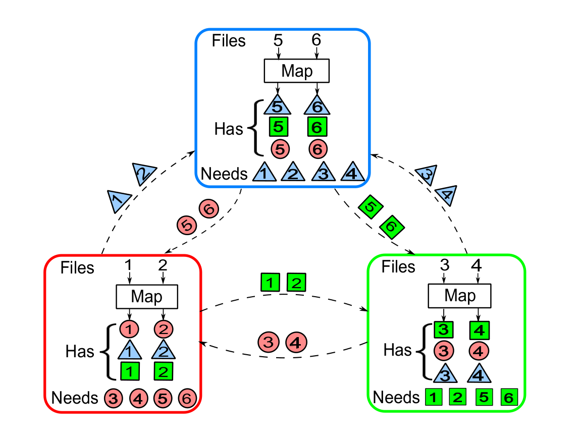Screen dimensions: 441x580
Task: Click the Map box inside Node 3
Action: pyautogui.click(x=297, y=70)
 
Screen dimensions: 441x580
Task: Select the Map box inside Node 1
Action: pyautogui.click(x=147, y=296)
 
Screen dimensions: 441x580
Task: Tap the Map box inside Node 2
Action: pyautogui.click(x=460, y=295)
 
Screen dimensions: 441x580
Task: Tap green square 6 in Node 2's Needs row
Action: pyautogui.click(x=509, y=398)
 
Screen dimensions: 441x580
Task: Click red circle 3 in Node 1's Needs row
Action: pyautogui.click(x=113, y=398)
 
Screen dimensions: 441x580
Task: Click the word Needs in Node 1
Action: pyautogui.click(x=75, y=398)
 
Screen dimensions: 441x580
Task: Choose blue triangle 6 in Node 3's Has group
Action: pyautogui.click(x=317, y=106)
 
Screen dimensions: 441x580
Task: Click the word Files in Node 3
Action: pyautogui.click(x=229, y=41)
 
